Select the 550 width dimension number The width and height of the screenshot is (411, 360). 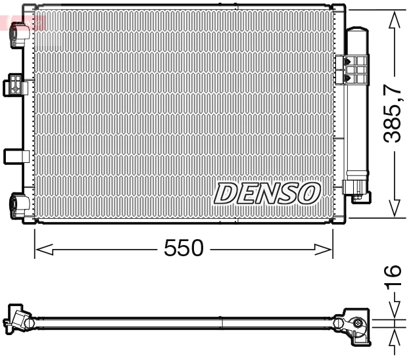pos(184,248)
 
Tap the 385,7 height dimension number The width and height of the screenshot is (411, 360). pos(393,114)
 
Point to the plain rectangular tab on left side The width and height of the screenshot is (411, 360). pos(16,156)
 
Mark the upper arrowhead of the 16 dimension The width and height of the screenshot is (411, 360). pos(393,311)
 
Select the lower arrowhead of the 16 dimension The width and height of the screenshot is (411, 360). pos(393,338)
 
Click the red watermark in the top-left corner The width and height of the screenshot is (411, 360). pos(22,22)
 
